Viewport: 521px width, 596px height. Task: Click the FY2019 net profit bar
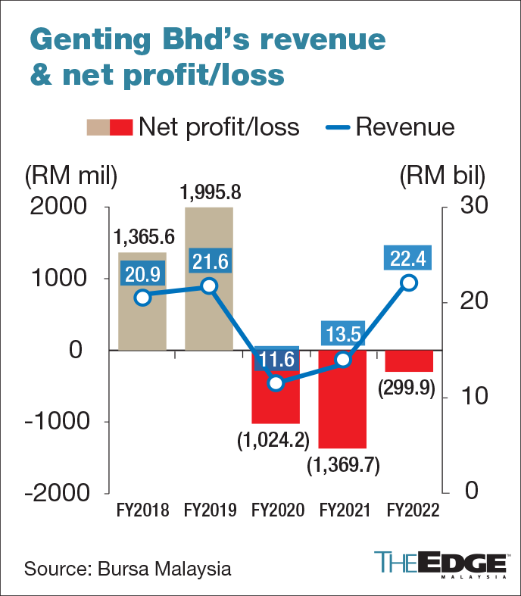209,318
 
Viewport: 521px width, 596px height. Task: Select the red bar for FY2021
343,409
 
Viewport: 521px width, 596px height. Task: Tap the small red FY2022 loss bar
410,360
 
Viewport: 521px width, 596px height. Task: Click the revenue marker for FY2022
409,282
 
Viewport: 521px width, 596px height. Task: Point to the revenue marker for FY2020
276,382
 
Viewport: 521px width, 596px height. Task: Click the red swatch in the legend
122,126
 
